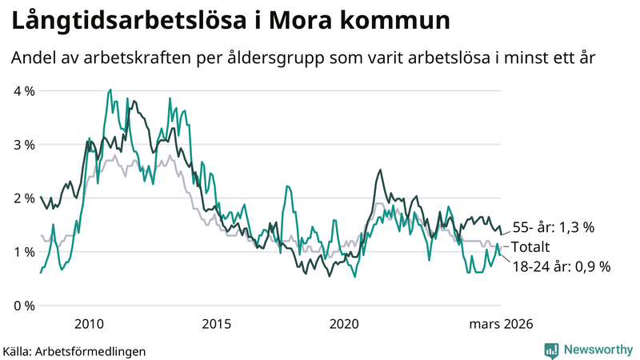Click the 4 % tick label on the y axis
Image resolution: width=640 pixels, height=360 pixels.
coord(24,91)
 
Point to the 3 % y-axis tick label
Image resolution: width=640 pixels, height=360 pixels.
coord(24,145)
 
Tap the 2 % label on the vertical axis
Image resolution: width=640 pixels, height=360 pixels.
coord(24,198)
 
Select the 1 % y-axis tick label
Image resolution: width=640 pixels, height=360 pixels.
coord(24,252)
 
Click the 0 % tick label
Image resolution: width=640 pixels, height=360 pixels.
coord(24,306)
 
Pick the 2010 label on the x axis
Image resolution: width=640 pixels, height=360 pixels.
coord(89,324)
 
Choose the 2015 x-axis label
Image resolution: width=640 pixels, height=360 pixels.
coord(217,324)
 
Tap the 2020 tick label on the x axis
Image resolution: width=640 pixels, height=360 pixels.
coord(344,324)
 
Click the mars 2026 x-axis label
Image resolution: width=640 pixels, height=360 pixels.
coord(501,324)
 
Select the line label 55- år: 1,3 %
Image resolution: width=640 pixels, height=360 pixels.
coord(553,228)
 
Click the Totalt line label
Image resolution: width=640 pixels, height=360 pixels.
coord(531,247)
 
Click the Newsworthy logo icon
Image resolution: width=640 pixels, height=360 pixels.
coord(551,349)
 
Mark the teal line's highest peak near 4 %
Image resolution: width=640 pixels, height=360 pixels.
coord(110,90)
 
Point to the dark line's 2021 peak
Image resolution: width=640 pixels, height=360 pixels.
coord(379,170)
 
